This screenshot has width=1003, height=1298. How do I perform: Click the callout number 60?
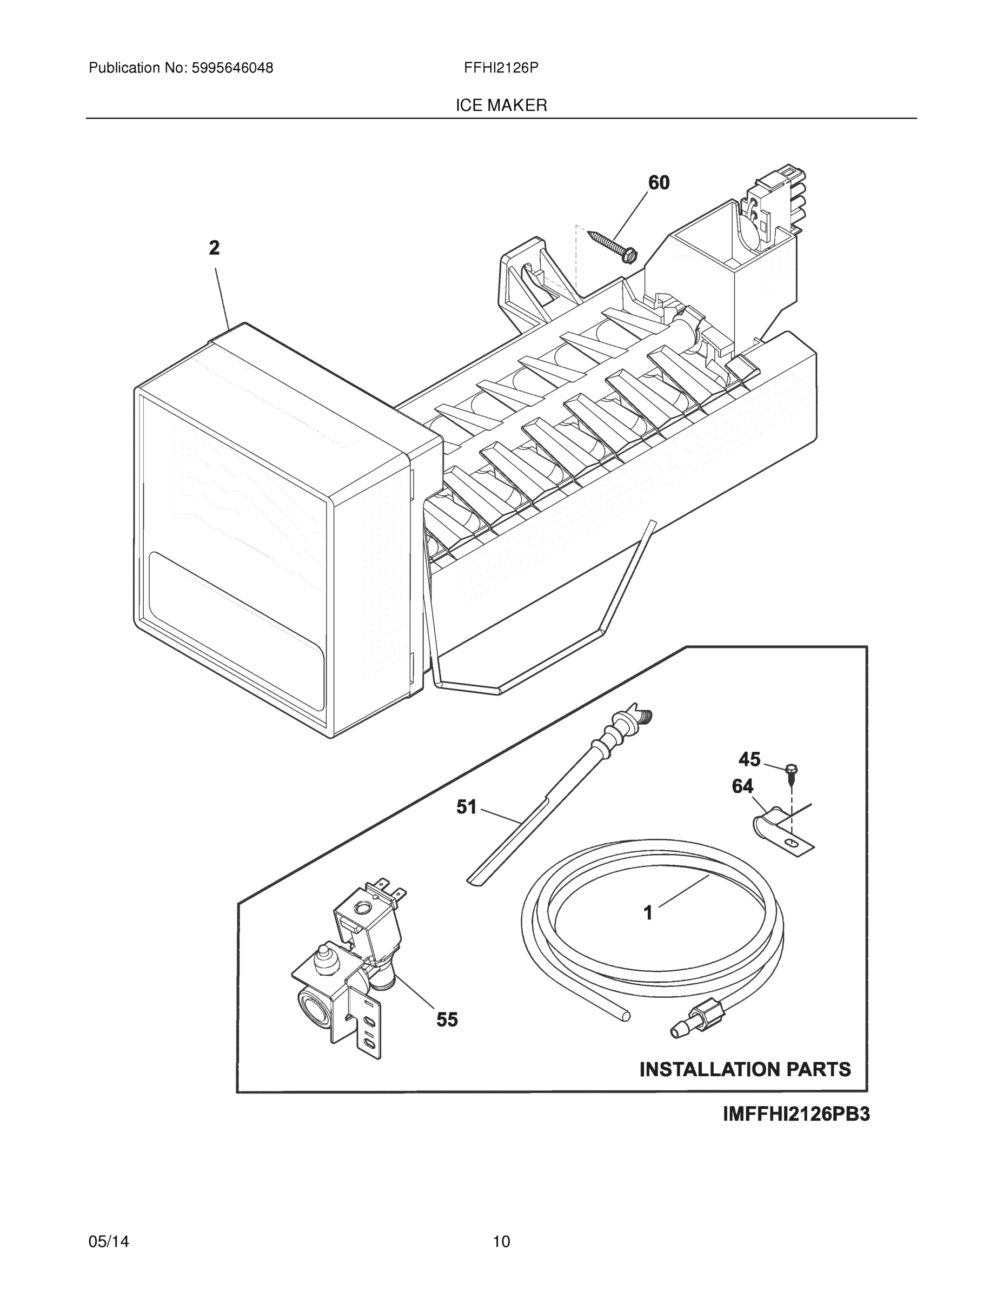tap(659, 182)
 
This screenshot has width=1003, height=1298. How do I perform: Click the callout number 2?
tap(214, 248)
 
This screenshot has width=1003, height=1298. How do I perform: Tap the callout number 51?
tap(467, 807)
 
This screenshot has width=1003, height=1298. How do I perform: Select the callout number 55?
tap(447, 1020)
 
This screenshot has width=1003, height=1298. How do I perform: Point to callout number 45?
tap(749, 759)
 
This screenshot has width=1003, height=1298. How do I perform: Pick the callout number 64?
tap(742, 786)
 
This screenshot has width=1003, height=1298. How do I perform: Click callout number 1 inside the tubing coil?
tap(648, 912)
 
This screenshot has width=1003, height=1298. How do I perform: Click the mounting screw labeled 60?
tap(613, 245)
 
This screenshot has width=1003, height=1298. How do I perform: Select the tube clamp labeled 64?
tap(779, 829)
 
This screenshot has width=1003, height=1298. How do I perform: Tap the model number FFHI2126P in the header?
tap(501, 68)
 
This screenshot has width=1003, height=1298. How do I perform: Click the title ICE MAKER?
tap(501, 105)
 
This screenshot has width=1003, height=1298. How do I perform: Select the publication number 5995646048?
tap(232, 68)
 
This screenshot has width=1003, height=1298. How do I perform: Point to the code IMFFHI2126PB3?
tap(795, 1114)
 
